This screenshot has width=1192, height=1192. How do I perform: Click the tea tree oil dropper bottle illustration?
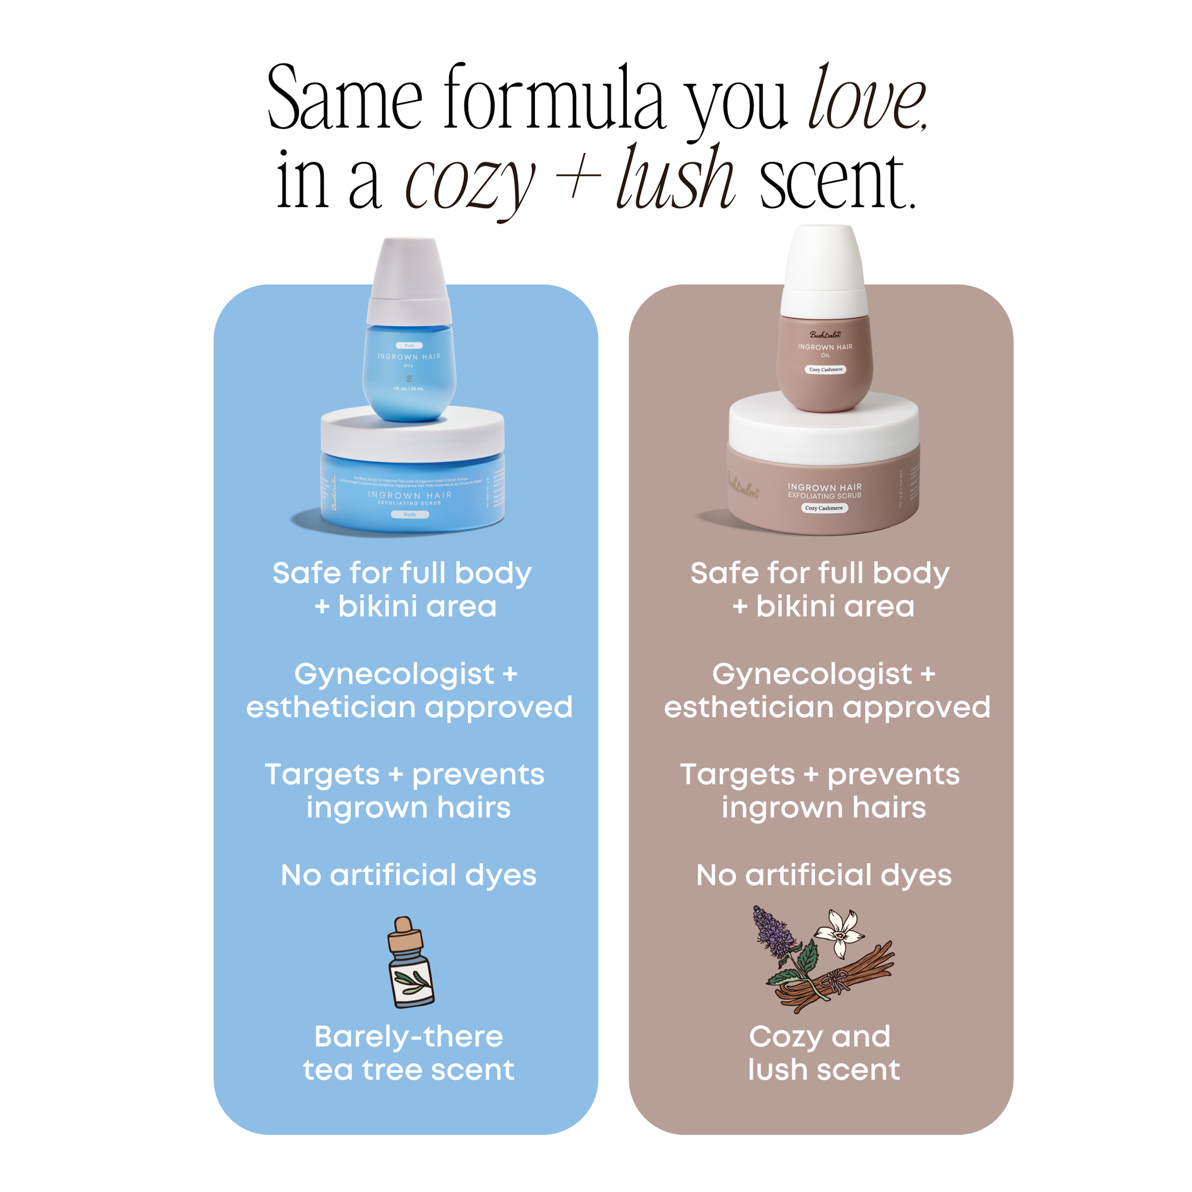pos(410,963)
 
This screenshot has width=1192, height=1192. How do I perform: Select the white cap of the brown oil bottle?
pos(824,271)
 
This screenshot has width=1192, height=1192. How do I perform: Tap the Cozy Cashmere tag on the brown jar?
pos(824,508)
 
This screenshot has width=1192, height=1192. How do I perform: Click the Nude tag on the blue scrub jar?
pos(410,514)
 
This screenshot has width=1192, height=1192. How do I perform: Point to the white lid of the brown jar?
pos(824,425)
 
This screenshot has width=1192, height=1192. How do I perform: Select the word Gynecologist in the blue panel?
pos(394,675)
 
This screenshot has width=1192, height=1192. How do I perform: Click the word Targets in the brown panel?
pos(737,775)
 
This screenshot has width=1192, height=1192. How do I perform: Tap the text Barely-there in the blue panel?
pos(409,1037)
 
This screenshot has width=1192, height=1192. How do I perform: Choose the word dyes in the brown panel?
pos(916,875)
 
